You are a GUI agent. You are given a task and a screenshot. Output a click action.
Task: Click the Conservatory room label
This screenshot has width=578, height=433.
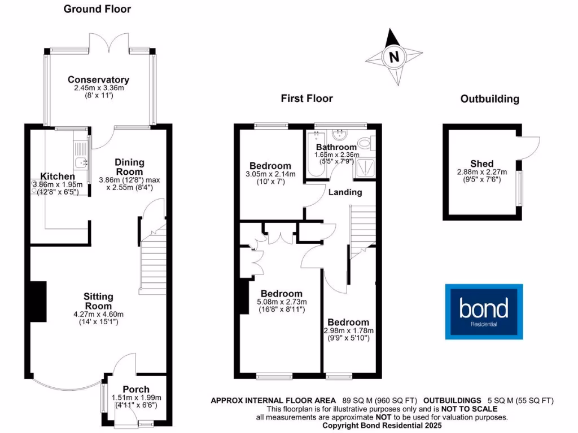coord(98,80)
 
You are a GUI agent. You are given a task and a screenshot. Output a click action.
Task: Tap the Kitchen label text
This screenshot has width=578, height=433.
coord(58,176)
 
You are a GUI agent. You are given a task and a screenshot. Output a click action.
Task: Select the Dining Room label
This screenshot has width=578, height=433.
coord(129,167)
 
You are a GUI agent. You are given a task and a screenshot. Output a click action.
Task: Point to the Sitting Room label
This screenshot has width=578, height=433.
coord(98,301)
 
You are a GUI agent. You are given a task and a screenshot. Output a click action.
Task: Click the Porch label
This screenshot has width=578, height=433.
coord(136,389)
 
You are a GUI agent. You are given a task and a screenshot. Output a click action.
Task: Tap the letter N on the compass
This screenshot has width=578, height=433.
coord(394,56)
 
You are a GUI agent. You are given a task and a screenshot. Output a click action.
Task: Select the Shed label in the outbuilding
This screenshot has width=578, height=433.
coord(481,164)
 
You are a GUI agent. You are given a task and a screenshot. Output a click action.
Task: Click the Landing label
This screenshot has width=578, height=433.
coord(345,192)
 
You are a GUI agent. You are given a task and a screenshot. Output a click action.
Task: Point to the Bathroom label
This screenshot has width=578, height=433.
coord(336,147)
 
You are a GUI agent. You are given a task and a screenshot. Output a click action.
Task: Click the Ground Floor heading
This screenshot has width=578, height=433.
coord(97,9)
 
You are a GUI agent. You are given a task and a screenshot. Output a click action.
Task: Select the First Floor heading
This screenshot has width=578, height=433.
coord(307,99)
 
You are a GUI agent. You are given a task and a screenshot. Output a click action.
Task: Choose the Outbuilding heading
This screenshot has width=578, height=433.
coord(489,99)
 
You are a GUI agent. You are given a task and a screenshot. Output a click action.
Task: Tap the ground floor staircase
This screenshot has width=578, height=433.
coord(152,265)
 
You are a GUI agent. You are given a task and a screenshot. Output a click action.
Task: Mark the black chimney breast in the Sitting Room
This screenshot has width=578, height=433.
coord(38,302)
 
